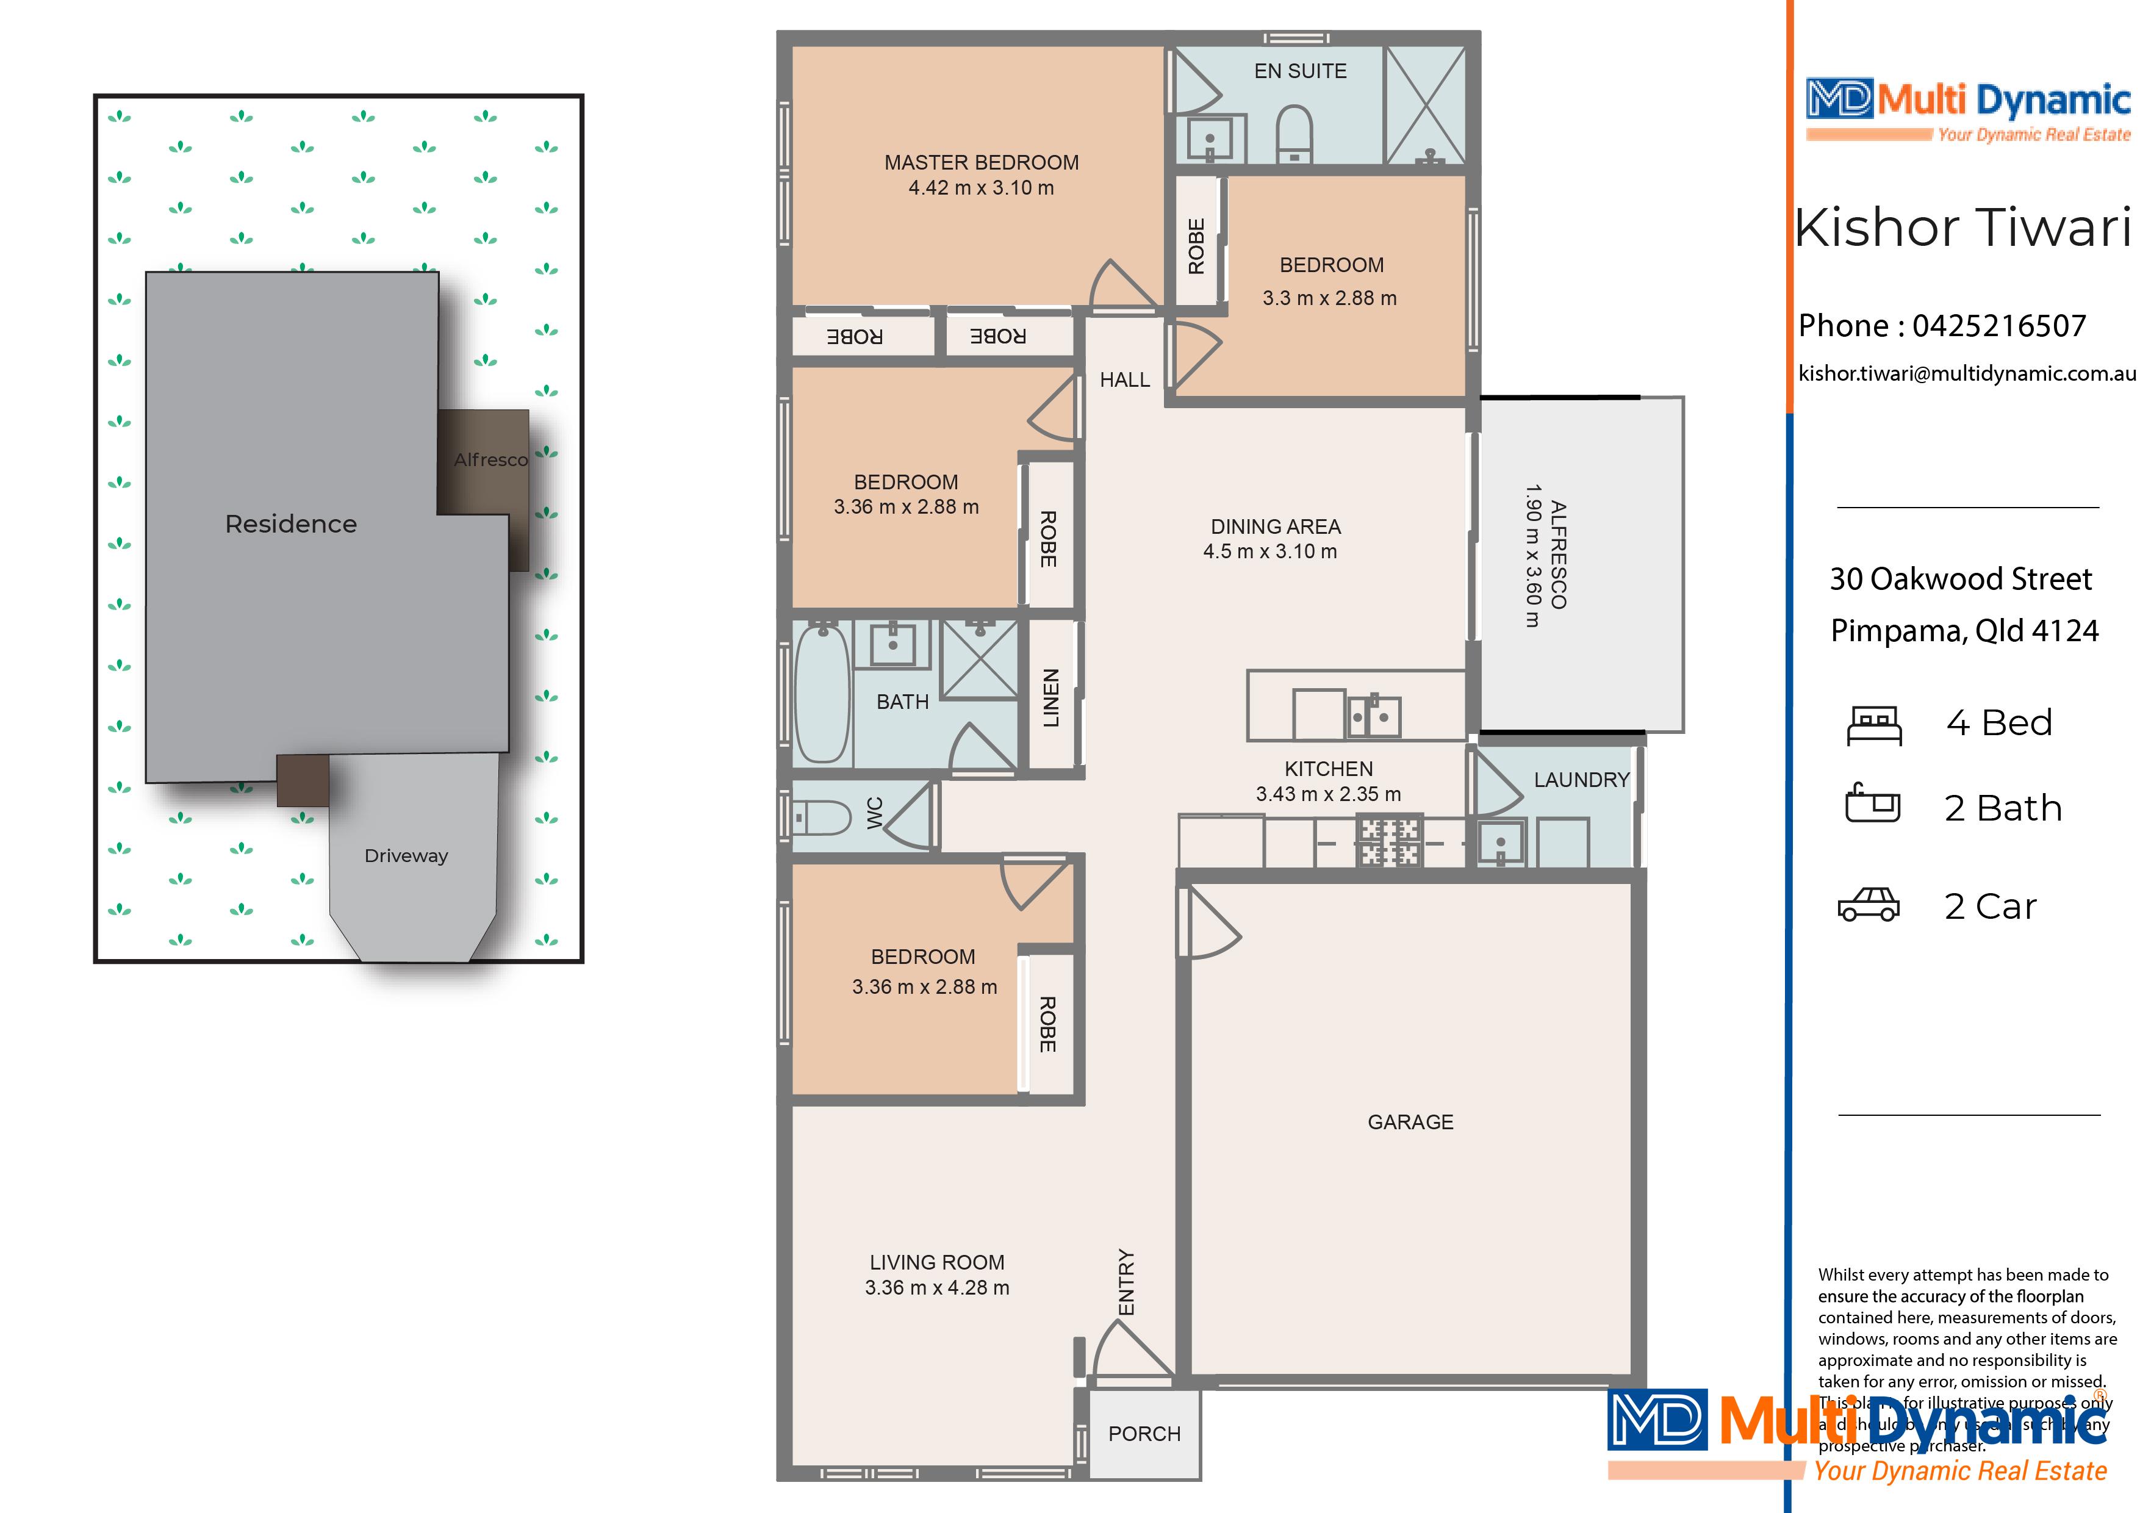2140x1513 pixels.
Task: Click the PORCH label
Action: pos(1144,1434)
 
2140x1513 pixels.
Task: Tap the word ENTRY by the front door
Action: pos(1127,1282)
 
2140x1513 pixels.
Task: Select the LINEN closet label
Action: pos(1050,697)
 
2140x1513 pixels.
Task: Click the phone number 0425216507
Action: pos(1998,326)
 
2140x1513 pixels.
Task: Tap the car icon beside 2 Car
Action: pos(1868,905)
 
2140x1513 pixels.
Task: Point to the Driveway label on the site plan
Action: pos(406,856)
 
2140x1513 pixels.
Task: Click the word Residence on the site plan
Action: pos(291,524)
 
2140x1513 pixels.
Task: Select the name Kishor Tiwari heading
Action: pos(1962,228)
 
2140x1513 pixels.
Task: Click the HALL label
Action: pos(1124,379)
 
